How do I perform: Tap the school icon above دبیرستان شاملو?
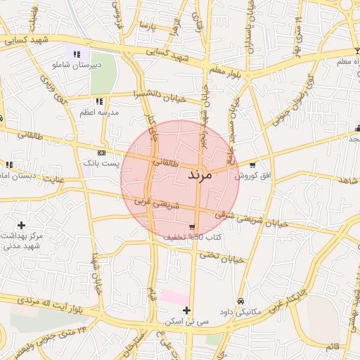coord(77,53)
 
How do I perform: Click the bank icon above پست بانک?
coord(102,152)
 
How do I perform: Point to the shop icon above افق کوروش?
coord(252,164)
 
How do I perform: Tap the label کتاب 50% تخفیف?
coord(193,238)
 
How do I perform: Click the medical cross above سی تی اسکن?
coord(186,310)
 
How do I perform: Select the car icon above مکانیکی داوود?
coord(240,301)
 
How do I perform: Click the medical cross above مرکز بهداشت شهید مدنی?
coord(21,225)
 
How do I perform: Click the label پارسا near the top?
coord(146,26)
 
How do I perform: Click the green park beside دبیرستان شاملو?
coord(103,73)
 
